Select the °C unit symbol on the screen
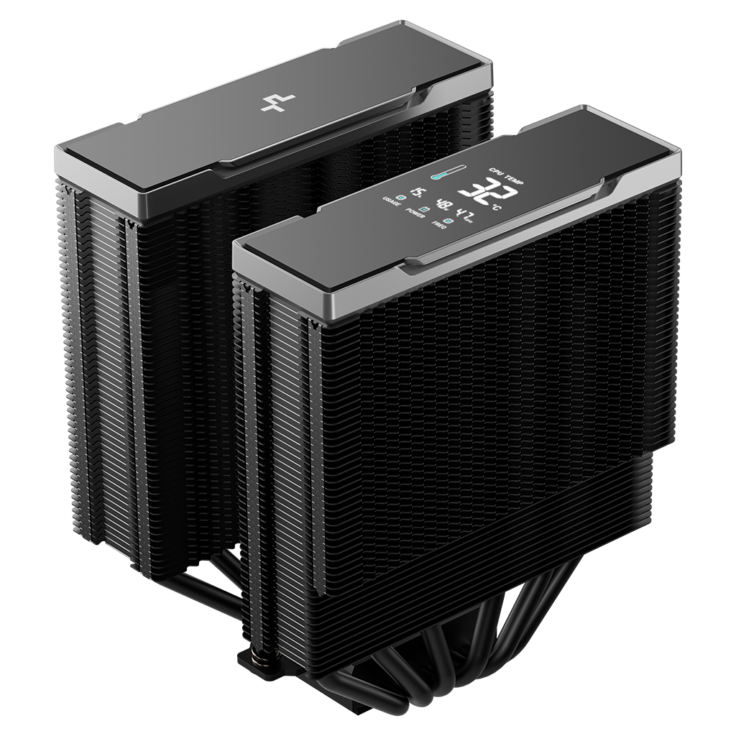coord(496,208)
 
